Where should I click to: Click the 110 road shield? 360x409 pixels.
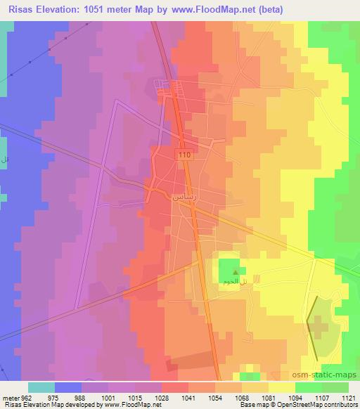[x=185, y=155]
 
